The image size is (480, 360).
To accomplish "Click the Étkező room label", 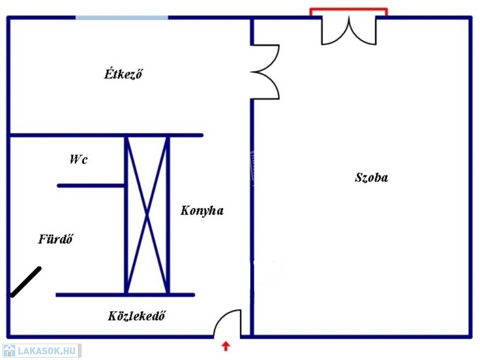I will pyautogui.click(x=123, y=74).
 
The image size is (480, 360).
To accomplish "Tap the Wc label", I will pyautogui.click(x=78, y=159).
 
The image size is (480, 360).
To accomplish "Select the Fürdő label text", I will pyautogui.click(x=56, y=239).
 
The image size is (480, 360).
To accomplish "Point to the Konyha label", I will pyautogui.click(x=202, y=210).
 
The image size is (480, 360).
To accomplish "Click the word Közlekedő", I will pyautogui.click(x=136, y=316).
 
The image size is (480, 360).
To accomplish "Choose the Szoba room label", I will pyautogui.click(x=371, y=178).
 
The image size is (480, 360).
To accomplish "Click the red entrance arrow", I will pyautogui.click(x=226, y=346).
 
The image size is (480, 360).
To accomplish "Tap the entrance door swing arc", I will pyautogui.click(x=225, y=319).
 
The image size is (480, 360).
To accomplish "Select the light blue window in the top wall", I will pyautogui.click(x=122, y=18).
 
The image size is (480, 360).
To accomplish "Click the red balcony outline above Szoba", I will pyautogui.click(x=349, y=9).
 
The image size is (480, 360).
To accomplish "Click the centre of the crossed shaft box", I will pyautogui.click(x=147, y=215).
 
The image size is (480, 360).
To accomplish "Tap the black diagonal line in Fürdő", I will pyautogui.click(x=26, y=282).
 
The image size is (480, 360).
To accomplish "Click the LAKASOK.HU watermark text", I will pyautogui.click(x=46, y=351).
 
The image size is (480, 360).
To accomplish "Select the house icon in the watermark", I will pyautogui.click(x=9, y=351).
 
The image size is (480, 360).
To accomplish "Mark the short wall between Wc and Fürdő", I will pyautogui.click(x=91, y=186).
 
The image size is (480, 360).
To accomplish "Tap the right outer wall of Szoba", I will pyautogui.click(x=471, y=178).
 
